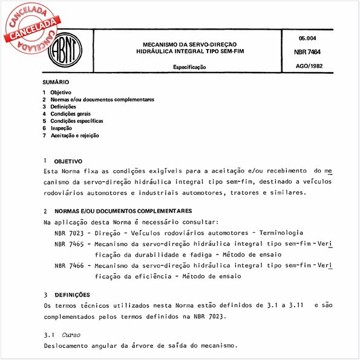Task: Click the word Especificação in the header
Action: [189, 67]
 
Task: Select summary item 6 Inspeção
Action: [61, 128]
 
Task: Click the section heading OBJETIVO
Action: [68, 162]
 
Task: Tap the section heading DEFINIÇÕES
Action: [71, 294]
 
